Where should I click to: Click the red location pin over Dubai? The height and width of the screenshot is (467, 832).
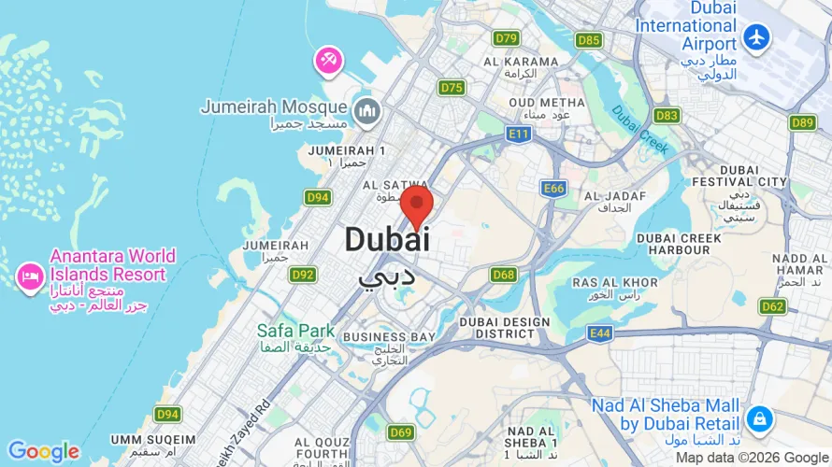pyautogui.click(x=416, y=204)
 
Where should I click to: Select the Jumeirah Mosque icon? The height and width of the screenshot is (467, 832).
pyautogui.click(x=366, y=110)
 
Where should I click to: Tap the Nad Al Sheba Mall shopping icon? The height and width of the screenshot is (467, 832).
pyautogui.click(x=759, y=417)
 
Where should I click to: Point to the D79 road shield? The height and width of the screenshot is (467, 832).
pyautogui.click(x=506, y=38)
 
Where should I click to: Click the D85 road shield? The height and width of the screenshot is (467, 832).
pyautogui.click(x=589, y=40)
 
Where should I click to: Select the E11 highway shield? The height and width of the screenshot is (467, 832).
pyautogui.click(x=519, y=135)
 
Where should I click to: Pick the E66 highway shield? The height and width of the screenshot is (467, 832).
pyautogui.click(x=554, y=189)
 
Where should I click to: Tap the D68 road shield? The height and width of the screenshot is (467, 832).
pyautogui.click(x=504, y=275)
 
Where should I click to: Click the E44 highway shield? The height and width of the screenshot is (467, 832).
pyautogui.click(x=600, y=333)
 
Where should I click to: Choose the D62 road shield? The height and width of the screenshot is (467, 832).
pyautogui.click(x=773, y=306)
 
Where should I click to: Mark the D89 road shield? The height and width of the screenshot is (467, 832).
pyautogui.click(x=802, y=122)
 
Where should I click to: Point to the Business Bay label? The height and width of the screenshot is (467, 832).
pyautogui.click(x=390, y=336)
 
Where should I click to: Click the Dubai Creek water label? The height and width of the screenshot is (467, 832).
pyautogui.click(x=641, y=130)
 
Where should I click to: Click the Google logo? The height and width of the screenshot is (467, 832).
pyautogui.click(x=44, y=452)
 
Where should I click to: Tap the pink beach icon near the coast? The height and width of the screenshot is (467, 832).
pyautogui.click(x=328, y=62)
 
